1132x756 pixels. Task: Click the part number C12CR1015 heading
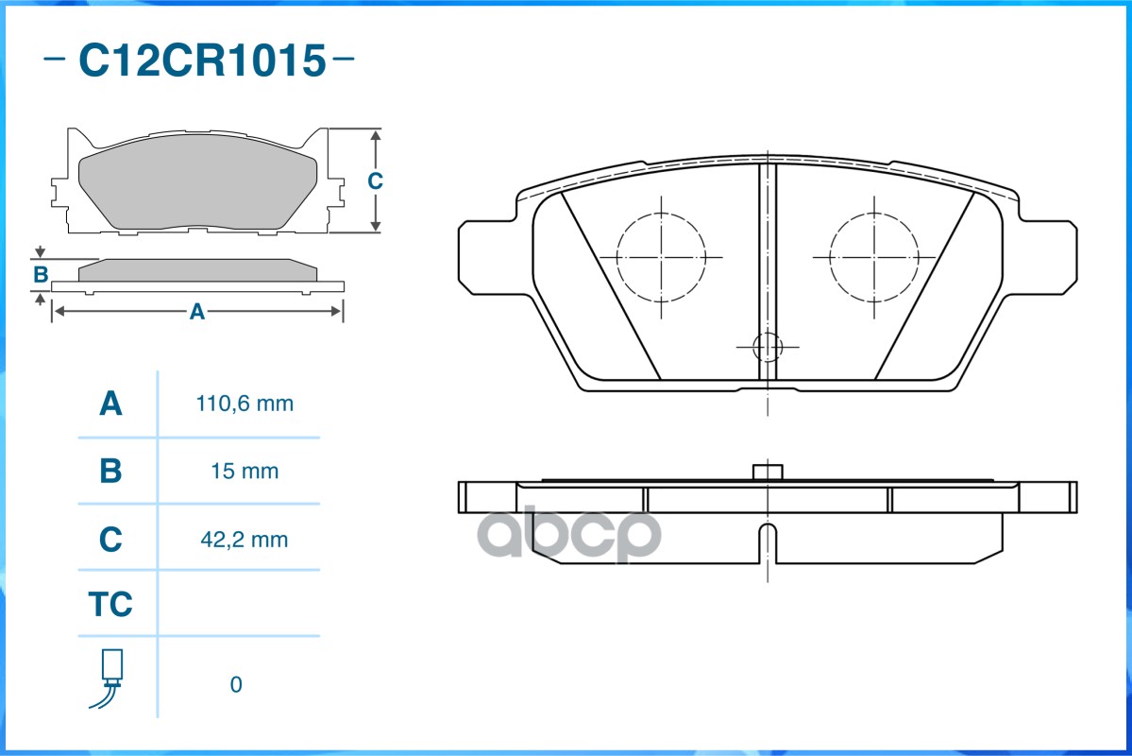click(x=202, y=60)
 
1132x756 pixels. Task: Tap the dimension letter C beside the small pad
click(x=375, y=180)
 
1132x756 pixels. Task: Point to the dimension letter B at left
click(x=41, y=275)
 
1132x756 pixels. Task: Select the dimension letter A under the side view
click(x=197, y=312)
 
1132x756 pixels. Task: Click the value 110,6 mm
click(x=245, y=404)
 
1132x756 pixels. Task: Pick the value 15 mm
click(x=245, y=472)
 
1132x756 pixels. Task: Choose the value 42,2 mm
click(x=244, y=540)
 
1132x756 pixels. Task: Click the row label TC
click(x=110, y=604)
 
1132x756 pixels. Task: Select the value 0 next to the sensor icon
click(x=236, y=684)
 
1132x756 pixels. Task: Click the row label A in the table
click(x=110, y=404)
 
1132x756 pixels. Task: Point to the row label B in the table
click(x=110, y=472)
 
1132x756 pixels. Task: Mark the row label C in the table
click(x=110, y=540)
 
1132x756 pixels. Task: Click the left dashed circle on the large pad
click(x=617, y=257)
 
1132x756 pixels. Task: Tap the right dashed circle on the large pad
click(x=830, y=257)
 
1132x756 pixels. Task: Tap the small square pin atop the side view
click(x=768, y=472)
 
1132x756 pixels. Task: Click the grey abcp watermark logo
click(x=569, y=534)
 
